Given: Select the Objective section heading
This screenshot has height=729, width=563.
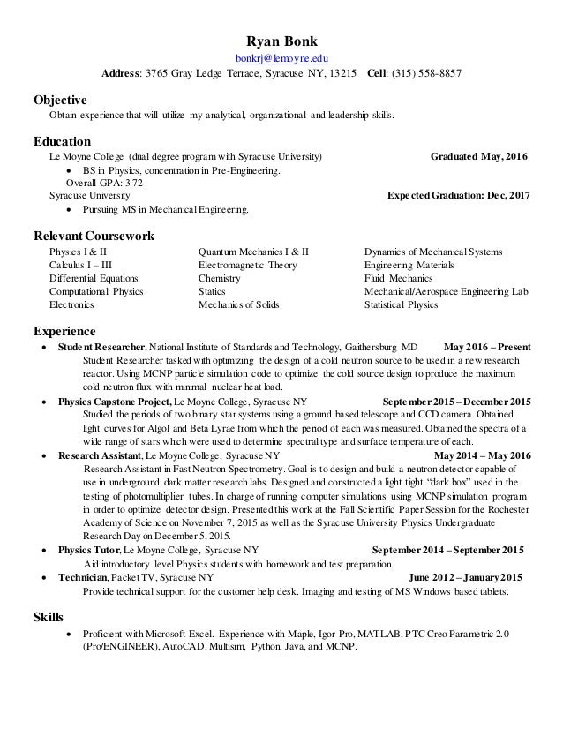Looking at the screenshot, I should click(59, 99).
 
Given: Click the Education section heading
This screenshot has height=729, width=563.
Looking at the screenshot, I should click(62, 140).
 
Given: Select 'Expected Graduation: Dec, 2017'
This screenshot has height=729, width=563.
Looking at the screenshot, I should click(459, 196).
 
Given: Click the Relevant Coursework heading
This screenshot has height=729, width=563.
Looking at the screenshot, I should click(94, 237).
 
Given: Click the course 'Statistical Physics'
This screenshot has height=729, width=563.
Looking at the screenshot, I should click(401, 304).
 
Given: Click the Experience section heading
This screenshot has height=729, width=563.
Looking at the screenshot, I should click(65, 331).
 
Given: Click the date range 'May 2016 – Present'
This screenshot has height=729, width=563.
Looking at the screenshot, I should click(488, 347).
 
